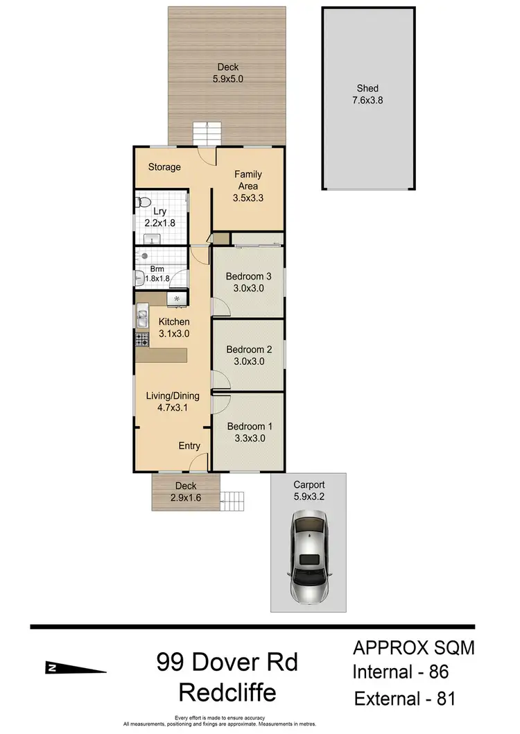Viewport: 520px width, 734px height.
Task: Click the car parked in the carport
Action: (x=309, y=548)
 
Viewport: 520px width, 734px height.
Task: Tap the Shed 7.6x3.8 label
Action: (x=367, y=94)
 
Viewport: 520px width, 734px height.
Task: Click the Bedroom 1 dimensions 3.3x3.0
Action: (x=246, y=438)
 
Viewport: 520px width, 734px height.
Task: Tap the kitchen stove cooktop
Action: (x=142, y=340)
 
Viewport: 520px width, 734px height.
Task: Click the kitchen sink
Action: (x=142, y=318)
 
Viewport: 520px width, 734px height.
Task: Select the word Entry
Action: (x=189, y=446)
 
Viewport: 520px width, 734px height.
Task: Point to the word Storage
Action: (x=164, y=167)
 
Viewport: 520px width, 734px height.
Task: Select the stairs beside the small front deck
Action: (x=234, y=500)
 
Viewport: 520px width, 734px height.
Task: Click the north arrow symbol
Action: (x=76, y=667)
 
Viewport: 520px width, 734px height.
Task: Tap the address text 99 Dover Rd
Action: (x=227, y=663)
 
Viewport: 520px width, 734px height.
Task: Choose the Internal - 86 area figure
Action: (x=401, y=672)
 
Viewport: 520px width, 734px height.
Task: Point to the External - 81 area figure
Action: (x=405, y=698)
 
